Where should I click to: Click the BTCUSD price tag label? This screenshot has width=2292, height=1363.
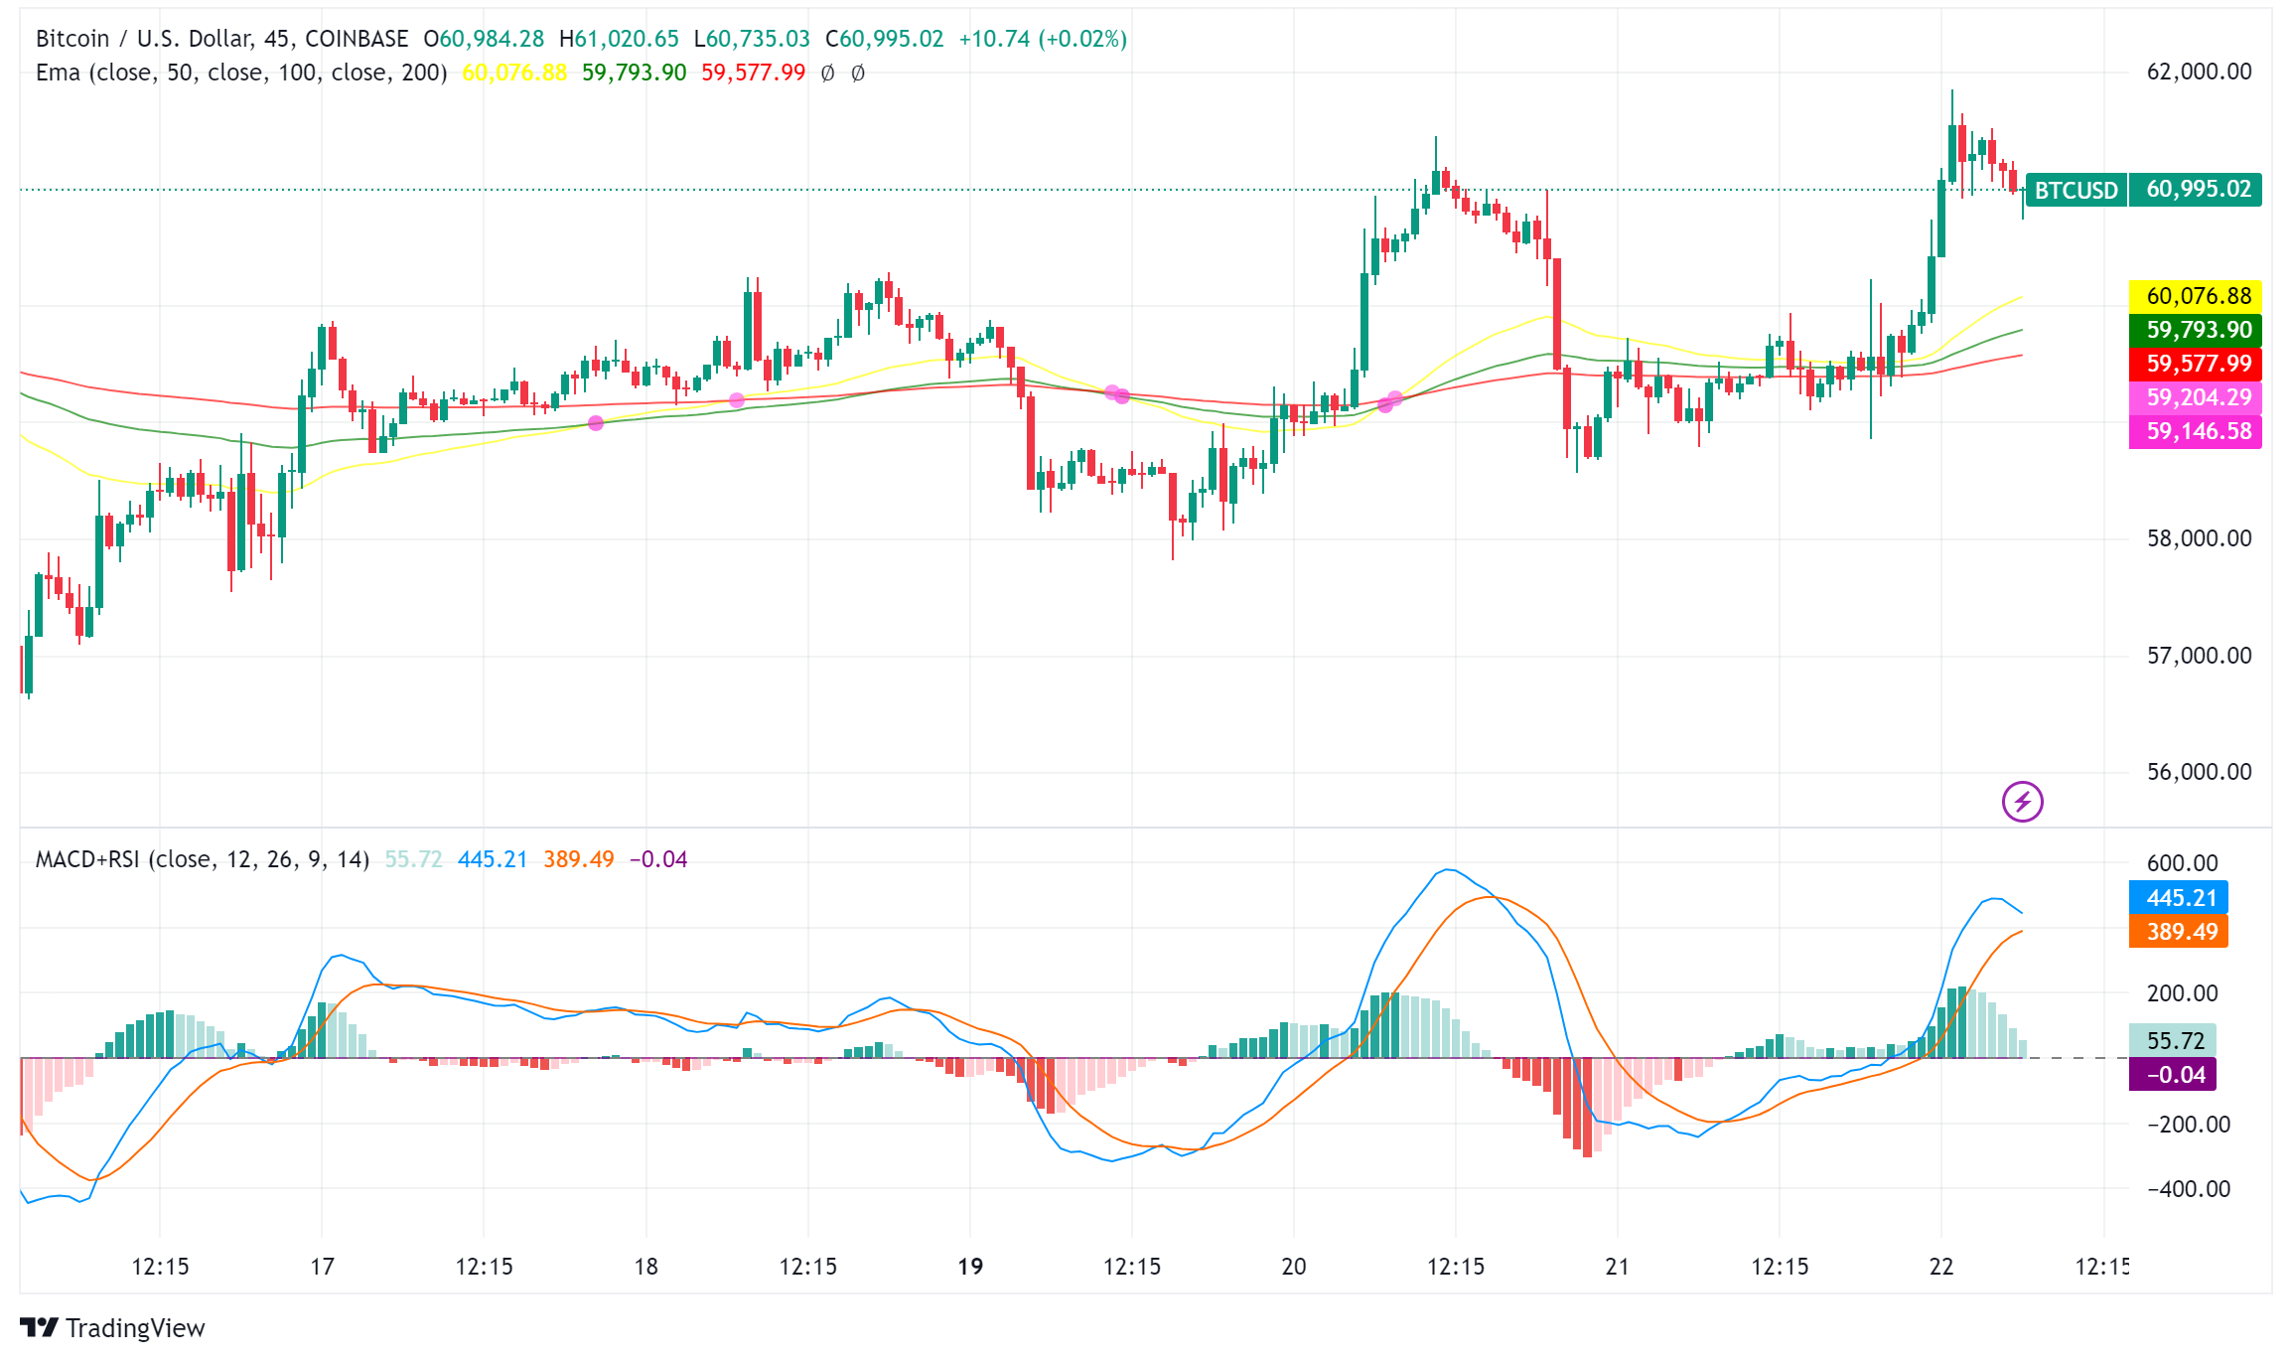(x=2076, y=190)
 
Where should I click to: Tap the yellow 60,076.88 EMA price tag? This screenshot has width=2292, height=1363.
(x=2198, y=296)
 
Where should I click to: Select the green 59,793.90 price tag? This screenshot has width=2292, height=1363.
(x=2198, y=330)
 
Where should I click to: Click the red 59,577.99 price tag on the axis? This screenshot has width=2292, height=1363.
(x=2198, y=364)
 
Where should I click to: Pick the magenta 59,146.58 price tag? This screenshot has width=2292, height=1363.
(x=2198, y=431)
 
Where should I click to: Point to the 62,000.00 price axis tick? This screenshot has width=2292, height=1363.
(x=2198, y=72)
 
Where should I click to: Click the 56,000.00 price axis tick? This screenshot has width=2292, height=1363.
(x=2198, y=772)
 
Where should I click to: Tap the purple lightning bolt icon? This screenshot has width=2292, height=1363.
(x=2022, y=802)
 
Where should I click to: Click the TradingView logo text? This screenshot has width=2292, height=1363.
(x=135, y=1328)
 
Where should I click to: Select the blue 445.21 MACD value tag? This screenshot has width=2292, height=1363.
(x=2180, y=898)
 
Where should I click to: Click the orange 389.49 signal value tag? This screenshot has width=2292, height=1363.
(x=2180, y=932)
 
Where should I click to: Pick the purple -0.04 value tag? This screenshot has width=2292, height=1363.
(x=2174, y=1075)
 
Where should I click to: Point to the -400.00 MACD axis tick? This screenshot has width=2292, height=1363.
(x=2188, y=1189)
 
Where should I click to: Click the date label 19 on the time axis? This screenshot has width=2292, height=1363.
(x=970, y=1267)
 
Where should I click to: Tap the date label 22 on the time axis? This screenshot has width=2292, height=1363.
(x=1941, y=1267)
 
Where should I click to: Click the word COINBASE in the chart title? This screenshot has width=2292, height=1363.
(x=357, y=39)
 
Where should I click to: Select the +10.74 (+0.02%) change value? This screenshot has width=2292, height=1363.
(x=1042, y=39)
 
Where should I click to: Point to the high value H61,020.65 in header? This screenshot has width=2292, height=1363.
(x=619, y=39)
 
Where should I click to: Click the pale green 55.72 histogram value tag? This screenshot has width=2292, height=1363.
(x=2174, y=1041)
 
